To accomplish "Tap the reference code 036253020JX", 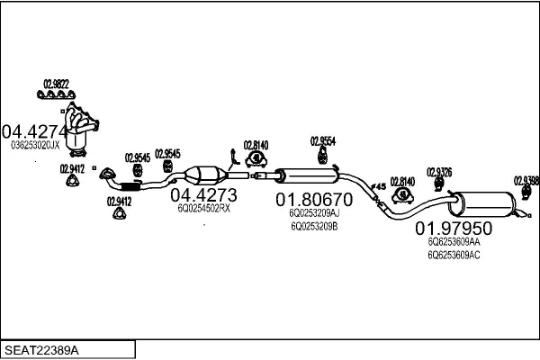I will click(35, 144).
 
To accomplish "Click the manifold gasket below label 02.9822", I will click(57, 93).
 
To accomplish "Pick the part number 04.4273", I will click(203, 195).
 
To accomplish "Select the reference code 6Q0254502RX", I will click(203, 209).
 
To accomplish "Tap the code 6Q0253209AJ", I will click(314, 213).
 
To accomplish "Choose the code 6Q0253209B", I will click(313, 227).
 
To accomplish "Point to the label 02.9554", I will click(323, 140).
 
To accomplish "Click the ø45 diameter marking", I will click(379, 186).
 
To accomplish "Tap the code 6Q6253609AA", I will click(454, 241).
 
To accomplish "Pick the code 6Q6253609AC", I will click(454, 255).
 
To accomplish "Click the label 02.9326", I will click(439, 171).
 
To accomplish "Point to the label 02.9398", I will click(526, 180).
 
